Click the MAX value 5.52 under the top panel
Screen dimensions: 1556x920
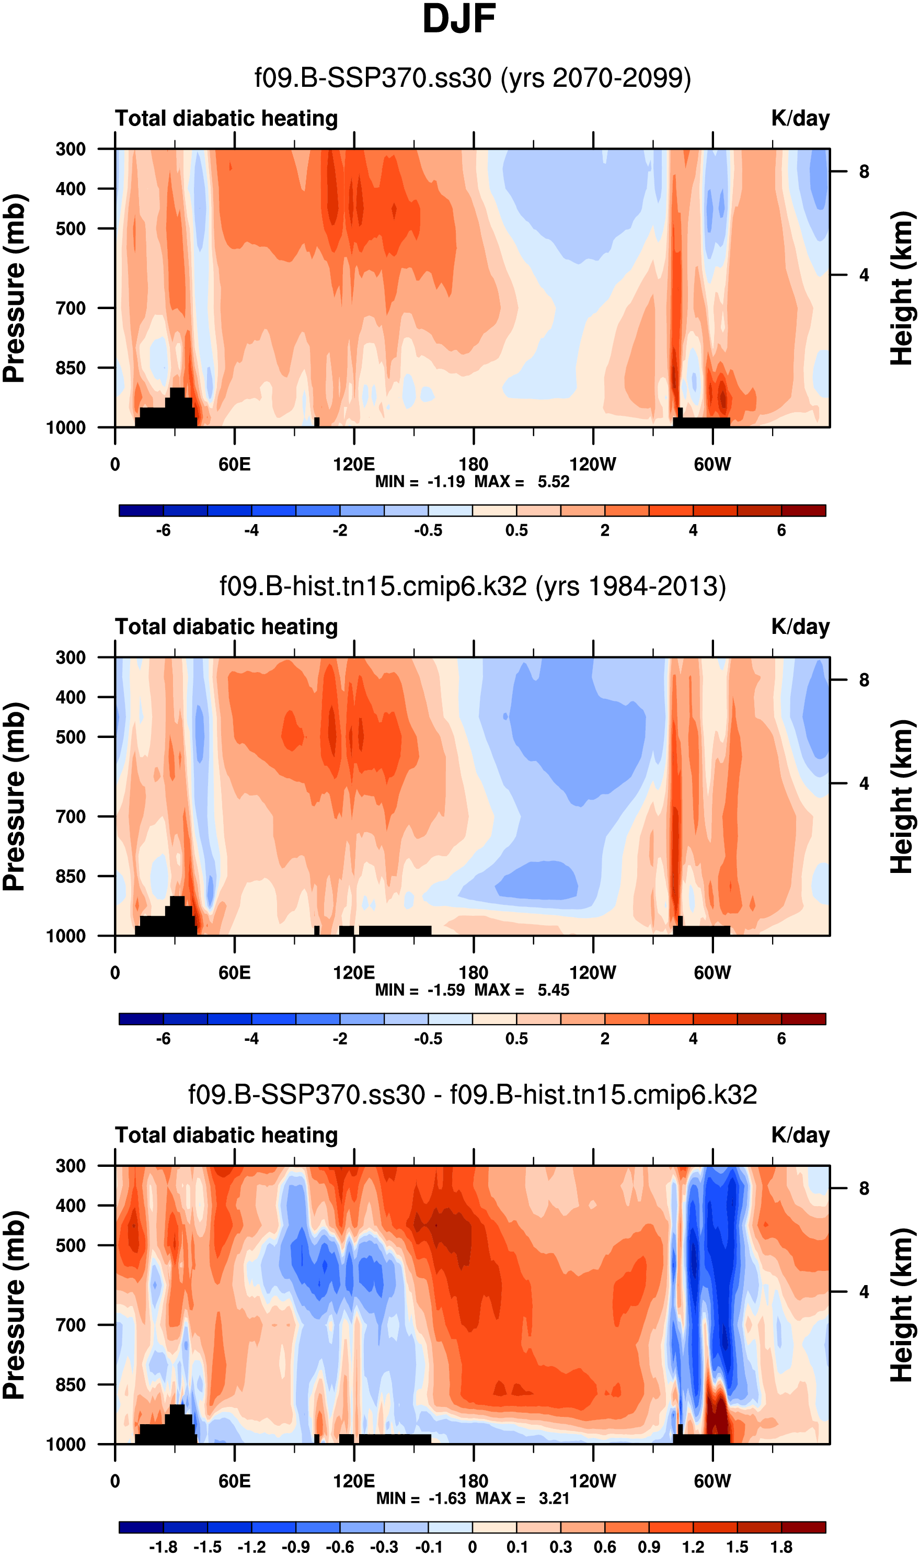click(x=553, y=481)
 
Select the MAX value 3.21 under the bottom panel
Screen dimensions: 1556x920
click(x=554, y=1498)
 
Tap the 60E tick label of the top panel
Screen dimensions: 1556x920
click(x=234, y=464)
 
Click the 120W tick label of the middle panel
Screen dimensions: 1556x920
click(x=593, y=972)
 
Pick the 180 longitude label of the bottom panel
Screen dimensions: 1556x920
click(x=473, y=1481)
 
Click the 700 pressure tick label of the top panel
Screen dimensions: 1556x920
click(x=71, y=308)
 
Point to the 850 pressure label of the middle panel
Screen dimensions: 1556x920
click(x=71, y=876)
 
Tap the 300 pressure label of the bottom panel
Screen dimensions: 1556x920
click(x=71, y=1166)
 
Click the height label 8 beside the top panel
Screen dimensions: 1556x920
click(x=864, y=172)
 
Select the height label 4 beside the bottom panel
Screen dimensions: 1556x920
click(x=864, y=1292)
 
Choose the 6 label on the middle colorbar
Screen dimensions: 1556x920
click(x=781, y=1039)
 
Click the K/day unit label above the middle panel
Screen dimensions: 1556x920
click(x=800, y=627)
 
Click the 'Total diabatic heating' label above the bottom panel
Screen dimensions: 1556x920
click(x=226, y=1135)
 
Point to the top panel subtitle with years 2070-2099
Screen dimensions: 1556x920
click(x=473, y=78)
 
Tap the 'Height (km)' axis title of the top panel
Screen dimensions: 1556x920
click(x=903, y=288)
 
